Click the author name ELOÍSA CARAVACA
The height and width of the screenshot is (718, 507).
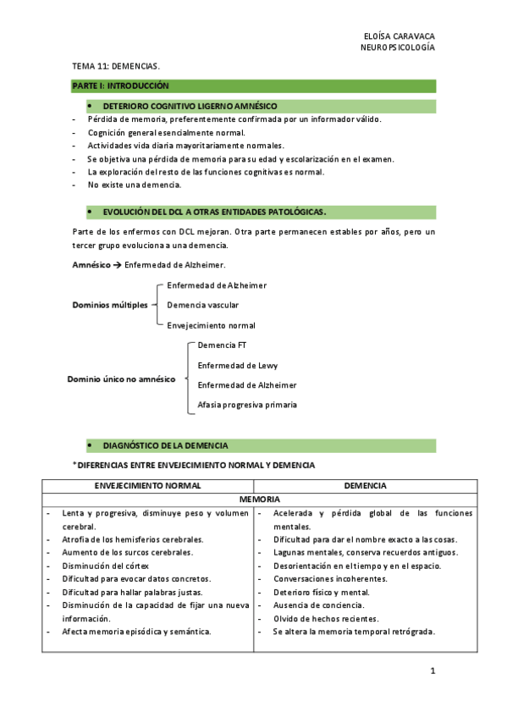click(398, 37)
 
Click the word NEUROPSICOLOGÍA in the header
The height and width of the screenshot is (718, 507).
click(398, 49)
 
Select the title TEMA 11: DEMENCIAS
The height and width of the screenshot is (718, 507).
click(115, 65)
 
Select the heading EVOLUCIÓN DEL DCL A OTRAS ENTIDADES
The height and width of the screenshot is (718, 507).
click(214, 211)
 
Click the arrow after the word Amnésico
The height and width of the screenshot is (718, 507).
click(115, 266)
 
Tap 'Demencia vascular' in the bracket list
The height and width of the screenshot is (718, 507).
click(203, 305)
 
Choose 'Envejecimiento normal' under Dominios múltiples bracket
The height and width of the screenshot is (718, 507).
click(211, 325)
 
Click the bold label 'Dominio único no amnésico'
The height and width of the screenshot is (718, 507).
click(121, 379)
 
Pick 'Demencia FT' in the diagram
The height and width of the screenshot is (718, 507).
click(222, 345)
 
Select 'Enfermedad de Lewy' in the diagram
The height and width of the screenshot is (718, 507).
click(238, 365)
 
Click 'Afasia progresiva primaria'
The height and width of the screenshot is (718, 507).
click(247, 405)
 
